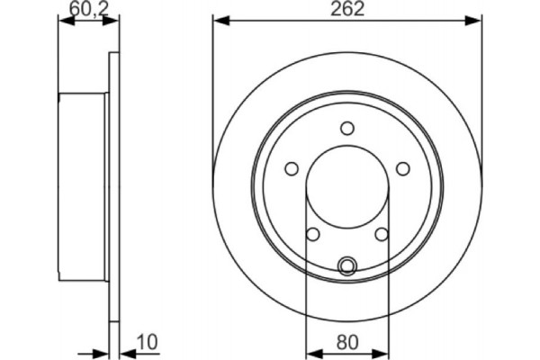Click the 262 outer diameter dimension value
(x=347, y=10)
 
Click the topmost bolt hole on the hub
(x=347, y=130)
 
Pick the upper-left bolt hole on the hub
(x=292, y=168)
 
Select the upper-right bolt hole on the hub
(x=403, y=168)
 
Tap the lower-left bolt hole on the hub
(x=313, y=234)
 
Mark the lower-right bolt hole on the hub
(x=382, y=234)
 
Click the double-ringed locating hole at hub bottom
(x=347, y=265)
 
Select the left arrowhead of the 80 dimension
(x=311, y=350)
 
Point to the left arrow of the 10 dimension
(x=101, y=350)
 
